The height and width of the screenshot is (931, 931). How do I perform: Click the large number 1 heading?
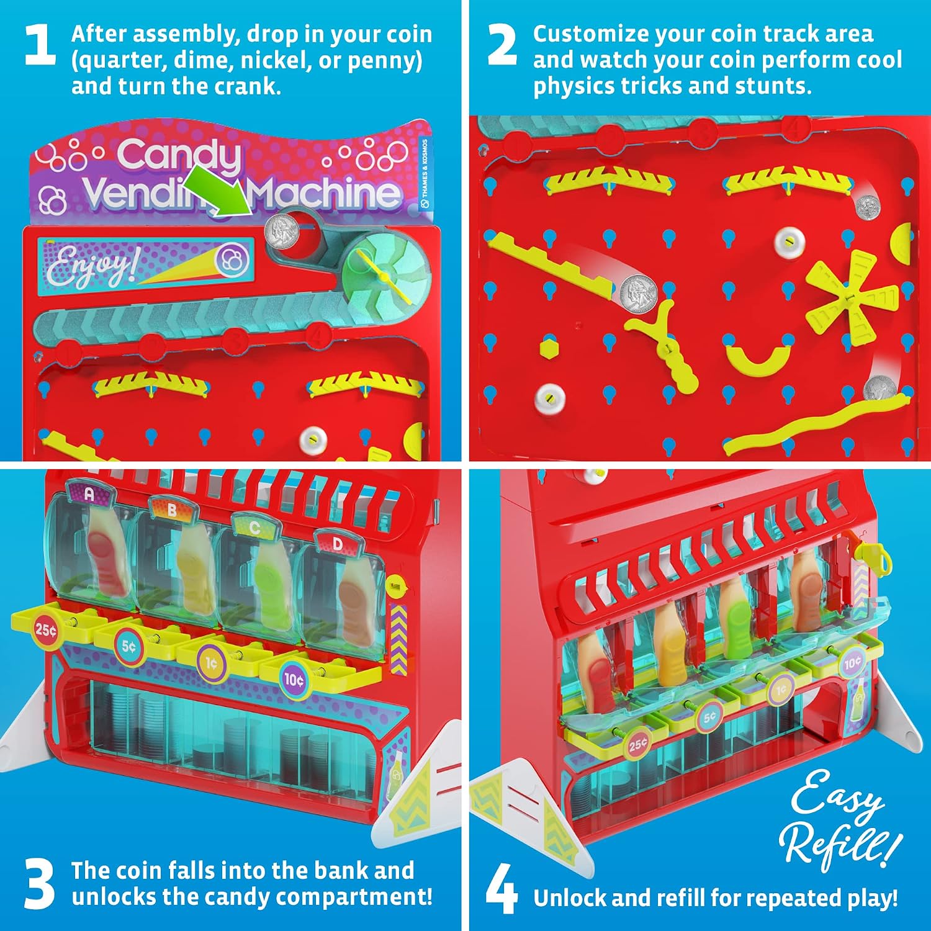[40, 45]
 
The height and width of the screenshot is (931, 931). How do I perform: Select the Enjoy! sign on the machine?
[146, 266]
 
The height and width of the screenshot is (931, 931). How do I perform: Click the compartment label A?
[89, 494]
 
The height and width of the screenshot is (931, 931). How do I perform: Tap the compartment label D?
[337, 544]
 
